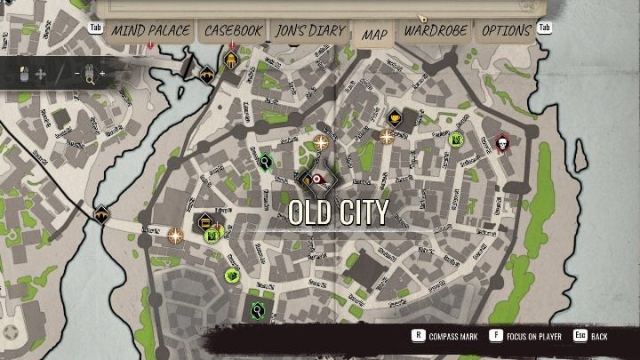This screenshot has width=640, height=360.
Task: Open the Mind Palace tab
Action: [150, 30]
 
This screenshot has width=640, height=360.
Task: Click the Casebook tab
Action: [233, 30]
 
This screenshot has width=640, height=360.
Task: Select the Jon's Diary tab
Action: [310, 30]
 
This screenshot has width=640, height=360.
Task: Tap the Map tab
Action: [374, 35]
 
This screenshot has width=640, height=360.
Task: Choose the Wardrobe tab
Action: [436, 30]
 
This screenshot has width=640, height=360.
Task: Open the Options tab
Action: [507, 30]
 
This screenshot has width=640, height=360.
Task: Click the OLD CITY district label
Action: [339, 212]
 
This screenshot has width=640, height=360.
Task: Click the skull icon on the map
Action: [502, 142]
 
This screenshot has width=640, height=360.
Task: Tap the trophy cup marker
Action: [395, 117]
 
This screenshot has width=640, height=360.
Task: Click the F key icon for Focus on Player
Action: [491, 337]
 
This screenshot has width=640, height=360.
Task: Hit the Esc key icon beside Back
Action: [580, 337]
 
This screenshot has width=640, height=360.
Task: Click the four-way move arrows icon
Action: [40, 73]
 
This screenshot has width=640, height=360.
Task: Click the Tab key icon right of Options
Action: [544, 28]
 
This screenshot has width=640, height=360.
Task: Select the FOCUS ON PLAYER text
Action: [532, 338]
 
